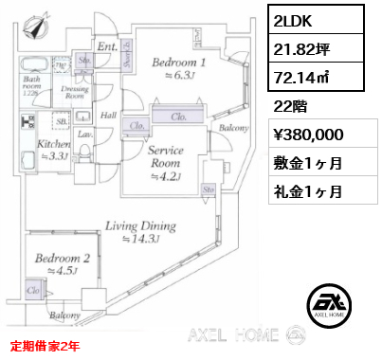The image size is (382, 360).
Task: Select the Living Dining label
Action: click(141, 227)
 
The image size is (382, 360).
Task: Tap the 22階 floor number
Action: click(285, 105)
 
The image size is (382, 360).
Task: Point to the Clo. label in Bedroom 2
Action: click(34, 290)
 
